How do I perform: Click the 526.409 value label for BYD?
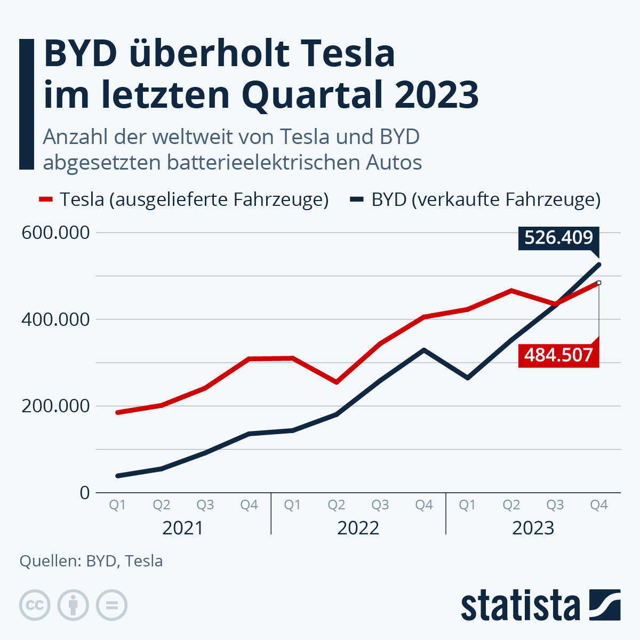(x=558, y=237)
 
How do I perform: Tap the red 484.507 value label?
(x=558, y=355)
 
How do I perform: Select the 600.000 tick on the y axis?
(x=55, y=233)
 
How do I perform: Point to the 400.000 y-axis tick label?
(x=55, y=319)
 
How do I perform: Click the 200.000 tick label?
(x=55, y=406)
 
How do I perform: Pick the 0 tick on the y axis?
(x=85, y=492)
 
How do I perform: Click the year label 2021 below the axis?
(x=183, y=528)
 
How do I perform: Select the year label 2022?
(x=358, y=528)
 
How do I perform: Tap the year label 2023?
(x=533, y=528)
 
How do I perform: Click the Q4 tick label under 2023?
(x=599, y=505)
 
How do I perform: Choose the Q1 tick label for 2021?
(x=117, y=505)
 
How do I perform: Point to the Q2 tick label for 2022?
(x=336, y=505)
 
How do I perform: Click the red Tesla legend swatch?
(x=46, y=199)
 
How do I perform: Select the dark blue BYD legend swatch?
(x=357, y=199)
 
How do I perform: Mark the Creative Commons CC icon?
(x=35, y=605)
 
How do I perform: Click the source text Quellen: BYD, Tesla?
(x=91, y=561)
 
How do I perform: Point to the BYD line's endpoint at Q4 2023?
(x=599, y=265)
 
